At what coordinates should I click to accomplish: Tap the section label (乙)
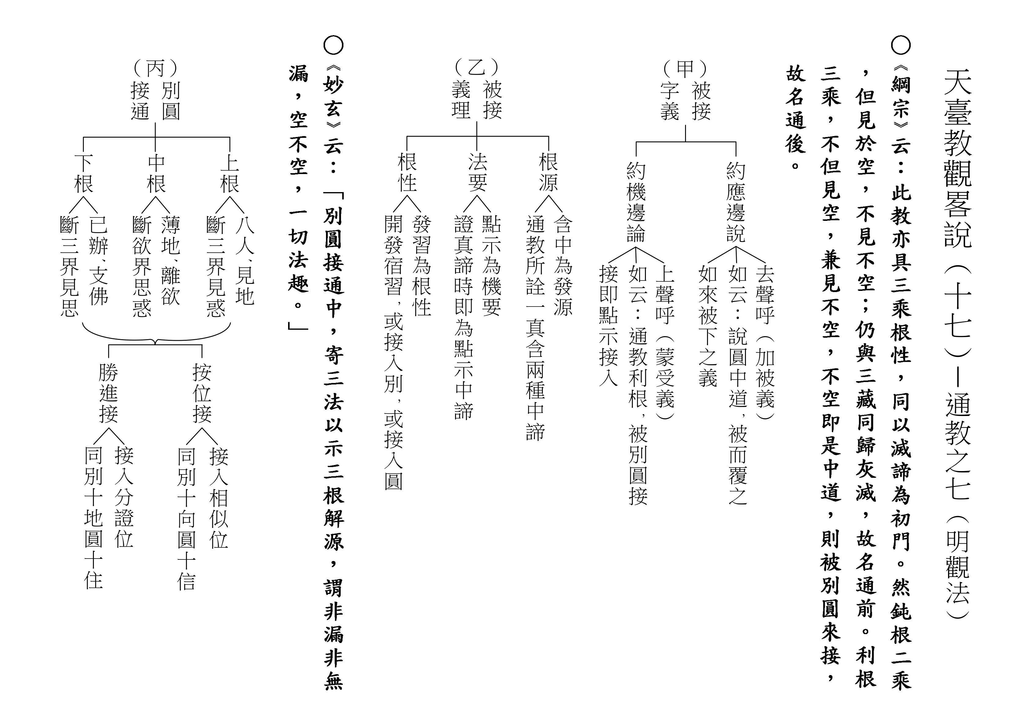click(476, 67)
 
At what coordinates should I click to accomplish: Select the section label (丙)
click(155, 68)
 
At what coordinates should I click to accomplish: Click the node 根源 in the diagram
click(548, 172)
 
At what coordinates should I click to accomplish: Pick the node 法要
click(477, 172)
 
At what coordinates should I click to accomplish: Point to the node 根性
click(407, 172)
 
